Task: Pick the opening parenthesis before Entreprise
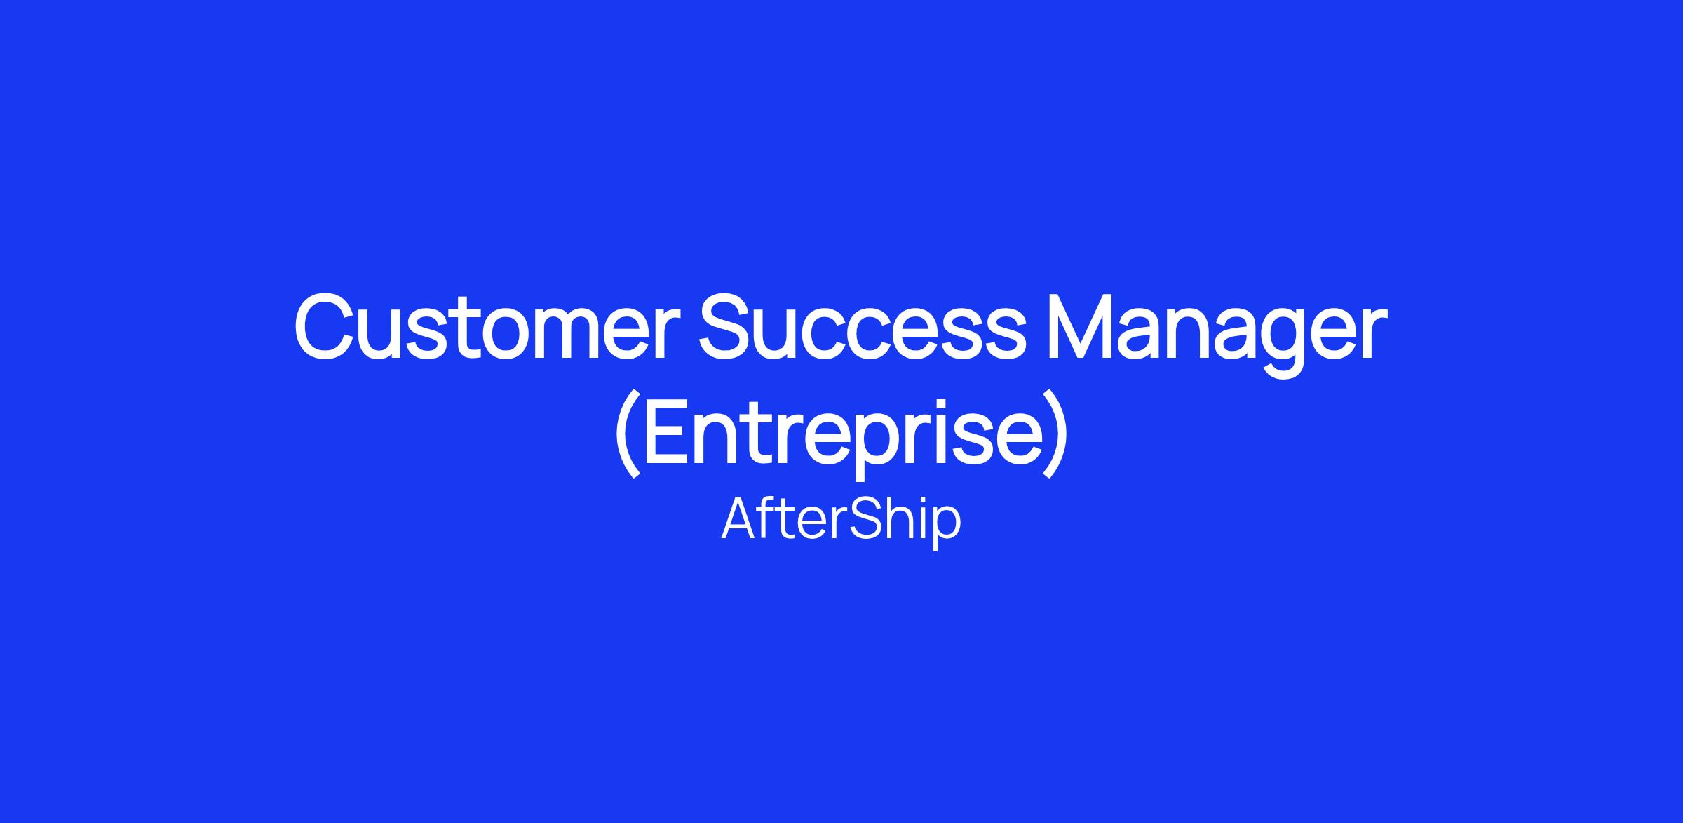point(627,435)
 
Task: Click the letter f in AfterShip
point(773,519)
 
